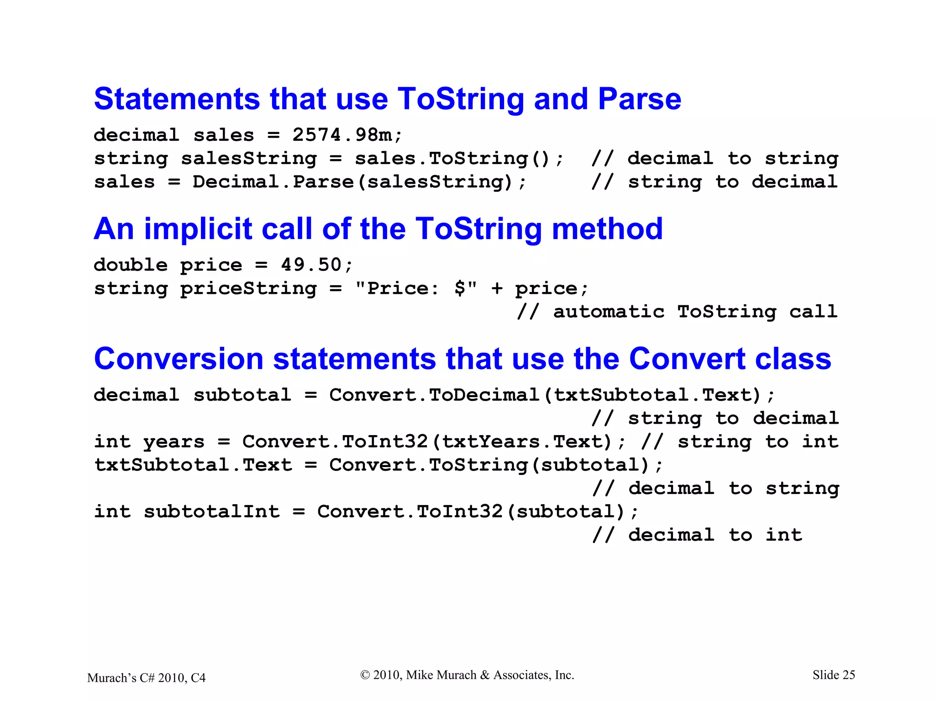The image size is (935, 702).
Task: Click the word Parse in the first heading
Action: [x=639, y=99]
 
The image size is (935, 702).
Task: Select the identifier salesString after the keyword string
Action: [x=249, y=159]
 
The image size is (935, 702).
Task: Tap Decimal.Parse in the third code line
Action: [x=273, y=182]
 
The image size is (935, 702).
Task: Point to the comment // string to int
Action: [x=740, y=442]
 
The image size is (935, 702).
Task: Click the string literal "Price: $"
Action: [x=416, y=288]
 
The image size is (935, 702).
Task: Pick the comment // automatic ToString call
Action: [x=677, y=312]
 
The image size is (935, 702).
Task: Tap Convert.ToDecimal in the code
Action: [x=434, y=395]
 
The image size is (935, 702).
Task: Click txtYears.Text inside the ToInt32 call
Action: [x=527, y=442]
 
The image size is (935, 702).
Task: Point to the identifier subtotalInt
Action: [x=212, y=512]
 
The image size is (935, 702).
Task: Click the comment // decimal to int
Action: [x=697, y=535]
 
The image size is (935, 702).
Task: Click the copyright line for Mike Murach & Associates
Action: [x=467, y=675]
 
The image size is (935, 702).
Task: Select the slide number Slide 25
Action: [x=833, y=675]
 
